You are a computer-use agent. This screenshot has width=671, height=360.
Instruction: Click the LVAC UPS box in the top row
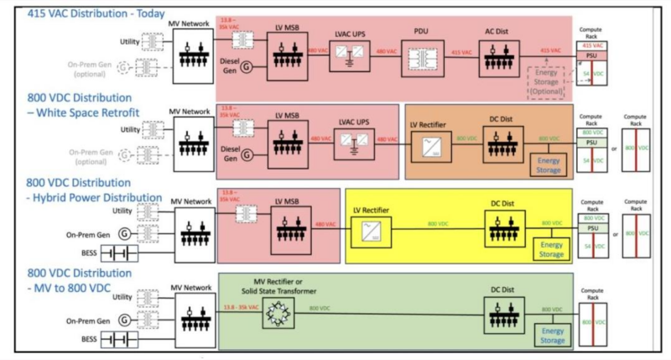(x=349, y=62)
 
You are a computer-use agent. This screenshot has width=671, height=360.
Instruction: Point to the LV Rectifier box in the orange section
(x=428, y=145)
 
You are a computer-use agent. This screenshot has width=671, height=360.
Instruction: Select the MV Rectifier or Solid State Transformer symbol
(x=277, y=313)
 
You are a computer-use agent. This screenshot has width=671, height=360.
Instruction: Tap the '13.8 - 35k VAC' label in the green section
(x=247, y=309)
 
